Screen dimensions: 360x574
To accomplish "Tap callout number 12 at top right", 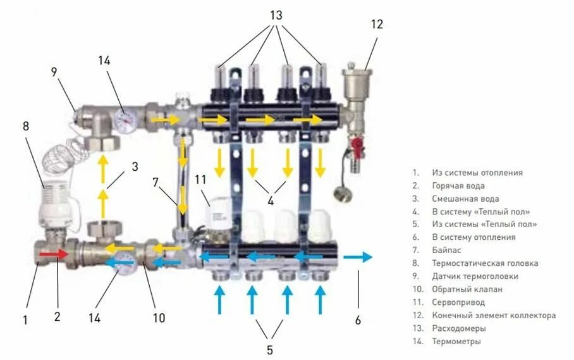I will coord(377,25).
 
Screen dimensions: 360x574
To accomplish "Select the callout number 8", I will coord(26,126).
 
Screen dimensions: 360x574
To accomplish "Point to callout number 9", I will coord(54,72).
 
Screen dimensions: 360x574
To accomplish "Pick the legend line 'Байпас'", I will coord(444,250).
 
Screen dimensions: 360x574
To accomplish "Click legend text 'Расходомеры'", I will coord(459,328).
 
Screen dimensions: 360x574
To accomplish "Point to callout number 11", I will coord(200,180).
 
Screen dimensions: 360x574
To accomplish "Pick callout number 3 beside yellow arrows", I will coord(135,168).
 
